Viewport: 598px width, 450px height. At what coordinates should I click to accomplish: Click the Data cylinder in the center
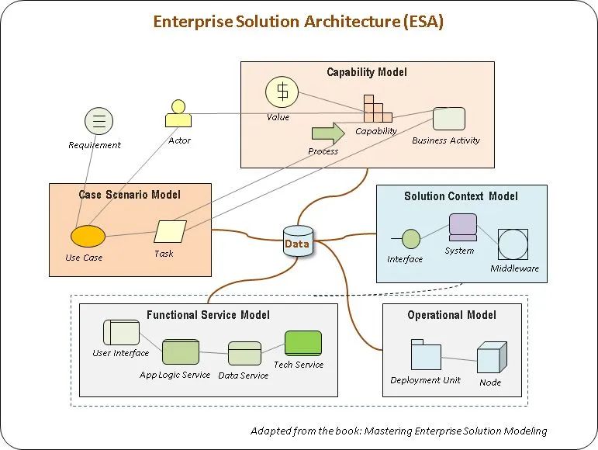tap(298, 241)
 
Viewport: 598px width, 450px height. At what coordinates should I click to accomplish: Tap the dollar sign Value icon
tap(282, 92)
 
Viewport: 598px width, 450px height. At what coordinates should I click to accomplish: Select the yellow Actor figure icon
tap(178, 113)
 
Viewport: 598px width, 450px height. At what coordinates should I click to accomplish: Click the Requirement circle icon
tap(99, 121)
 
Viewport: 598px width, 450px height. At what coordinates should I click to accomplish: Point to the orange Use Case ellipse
tap(88, 237)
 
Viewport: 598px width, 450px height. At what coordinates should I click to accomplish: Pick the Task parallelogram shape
tap(170, 231)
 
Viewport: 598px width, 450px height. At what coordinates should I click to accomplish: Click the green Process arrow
tap(328, 133)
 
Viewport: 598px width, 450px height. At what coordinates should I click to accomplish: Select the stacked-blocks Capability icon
tap(378, 109)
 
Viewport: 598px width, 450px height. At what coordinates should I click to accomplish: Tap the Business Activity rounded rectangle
tap(449, 119)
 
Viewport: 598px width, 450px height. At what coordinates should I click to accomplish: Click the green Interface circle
tap(411, 239)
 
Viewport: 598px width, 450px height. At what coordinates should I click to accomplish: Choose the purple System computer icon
tap(462, 227)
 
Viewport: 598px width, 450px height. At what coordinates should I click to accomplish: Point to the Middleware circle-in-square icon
tap(513, 244)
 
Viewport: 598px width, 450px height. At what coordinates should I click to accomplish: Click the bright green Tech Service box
tap(303, 343)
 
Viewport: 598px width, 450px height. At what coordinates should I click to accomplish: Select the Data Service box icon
tap(245, 353)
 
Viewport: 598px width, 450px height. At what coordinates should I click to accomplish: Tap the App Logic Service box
tap(181, 351)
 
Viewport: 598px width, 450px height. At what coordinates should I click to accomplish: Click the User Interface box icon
tap(121, 333)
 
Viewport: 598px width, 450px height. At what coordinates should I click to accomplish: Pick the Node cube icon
tap(492, 358)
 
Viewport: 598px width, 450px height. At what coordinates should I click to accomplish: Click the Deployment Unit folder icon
tap(426, 355)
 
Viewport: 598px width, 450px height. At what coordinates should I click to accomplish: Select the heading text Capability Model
tap(367, 72)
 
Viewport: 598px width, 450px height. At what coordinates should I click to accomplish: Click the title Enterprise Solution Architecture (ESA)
tap(299, 22)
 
